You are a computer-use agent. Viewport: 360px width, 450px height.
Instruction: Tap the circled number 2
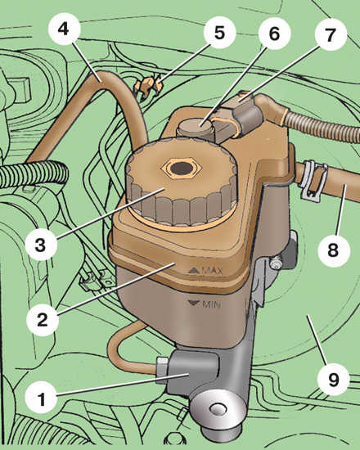click(x=43, y=319)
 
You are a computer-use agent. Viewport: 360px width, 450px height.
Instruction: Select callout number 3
click(x=42, y=245)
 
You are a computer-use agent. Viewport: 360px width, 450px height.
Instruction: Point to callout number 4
click(x=64, y=29)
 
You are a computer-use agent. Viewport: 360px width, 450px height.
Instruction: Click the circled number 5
click(x=219, y=32)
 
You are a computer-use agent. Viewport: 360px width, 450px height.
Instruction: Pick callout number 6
click(x=274, y=34)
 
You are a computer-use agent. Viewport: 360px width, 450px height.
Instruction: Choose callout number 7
click(x=331, y=34)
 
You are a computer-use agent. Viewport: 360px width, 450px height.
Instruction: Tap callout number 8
click(x=334, y=250)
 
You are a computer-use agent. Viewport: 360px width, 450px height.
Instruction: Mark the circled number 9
click(x=334, y=380)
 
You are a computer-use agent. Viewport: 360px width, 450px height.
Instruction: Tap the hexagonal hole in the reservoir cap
click(x=182, y=168)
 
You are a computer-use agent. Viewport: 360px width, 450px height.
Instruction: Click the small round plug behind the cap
click(x=195, y=128)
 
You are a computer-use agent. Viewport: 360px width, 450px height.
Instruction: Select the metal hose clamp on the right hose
click(x=313, y=180)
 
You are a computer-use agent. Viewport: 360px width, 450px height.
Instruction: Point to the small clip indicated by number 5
click(x=148, y=85)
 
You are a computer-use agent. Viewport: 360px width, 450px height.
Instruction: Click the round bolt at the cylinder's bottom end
click(x=218, y=410)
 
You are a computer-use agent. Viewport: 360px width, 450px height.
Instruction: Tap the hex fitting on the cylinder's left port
click(x=163, y=370)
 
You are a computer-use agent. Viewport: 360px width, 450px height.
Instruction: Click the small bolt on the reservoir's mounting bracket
click(x=276, y=263)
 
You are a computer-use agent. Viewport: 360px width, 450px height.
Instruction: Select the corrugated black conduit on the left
click(x=33, y=174)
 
